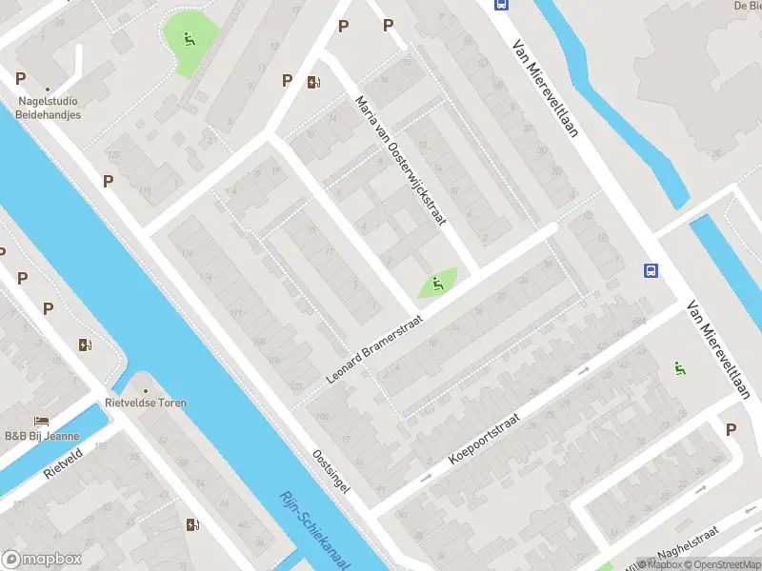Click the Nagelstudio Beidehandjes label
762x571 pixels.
[x=48, y=108]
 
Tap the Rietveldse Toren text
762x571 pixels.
[x=146, y=403]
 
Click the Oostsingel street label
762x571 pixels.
[x=331, y=470]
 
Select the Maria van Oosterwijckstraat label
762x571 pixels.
[x=400, y=159]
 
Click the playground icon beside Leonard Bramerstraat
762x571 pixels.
[x=435, y=283]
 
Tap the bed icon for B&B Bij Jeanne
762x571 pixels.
[x=41, y=421]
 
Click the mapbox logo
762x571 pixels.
[x=41, y=560]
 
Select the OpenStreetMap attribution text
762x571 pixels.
[x=722, y=564]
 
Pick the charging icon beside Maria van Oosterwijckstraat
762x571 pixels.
[x=313, y=82]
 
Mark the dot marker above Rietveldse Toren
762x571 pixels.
[x=146, y=390]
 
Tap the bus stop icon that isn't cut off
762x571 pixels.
[x=652, y=271]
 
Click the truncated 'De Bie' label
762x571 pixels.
[x=747, y=6]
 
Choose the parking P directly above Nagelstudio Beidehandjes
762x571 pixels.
[x=20, y=78]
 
